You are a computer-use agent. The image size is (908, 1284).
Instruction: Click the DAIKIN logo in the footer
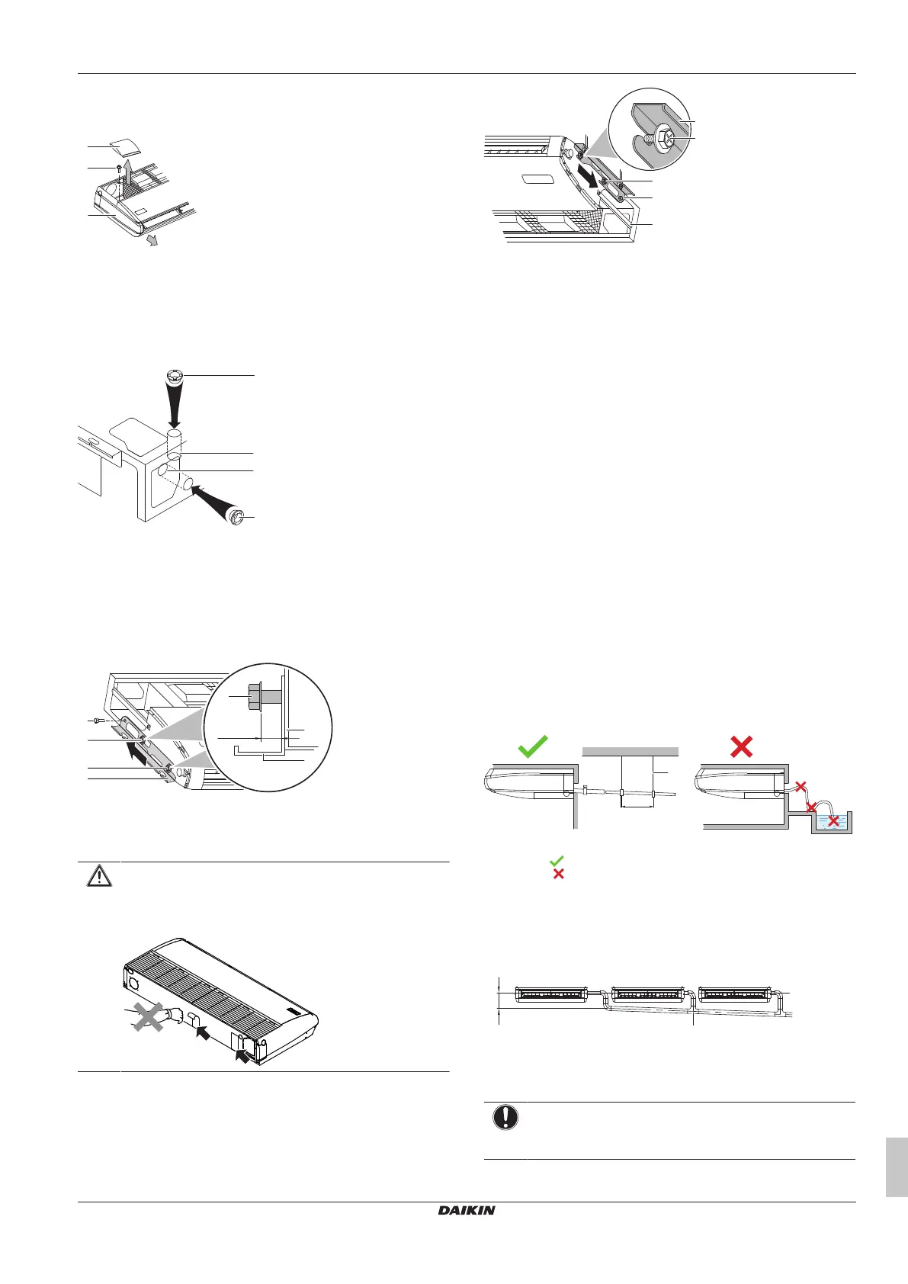point(466,1210)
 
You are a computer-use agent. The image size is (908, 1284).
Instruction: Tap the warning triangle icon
point(99,876)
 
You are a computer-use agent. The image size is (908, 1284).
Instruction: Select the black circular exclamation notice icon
point(505,1117)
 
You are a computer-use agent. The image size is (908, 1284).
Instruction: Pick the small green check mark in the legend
point(557,860)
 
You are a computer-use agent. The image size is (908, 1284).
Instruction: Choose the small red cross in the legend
point(558,874)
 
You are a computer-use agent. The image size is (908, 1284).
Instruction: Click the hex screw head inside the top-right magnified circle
point(664,139)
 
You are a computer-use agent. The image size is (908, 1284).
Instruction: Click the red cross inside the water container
point(835,820)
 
